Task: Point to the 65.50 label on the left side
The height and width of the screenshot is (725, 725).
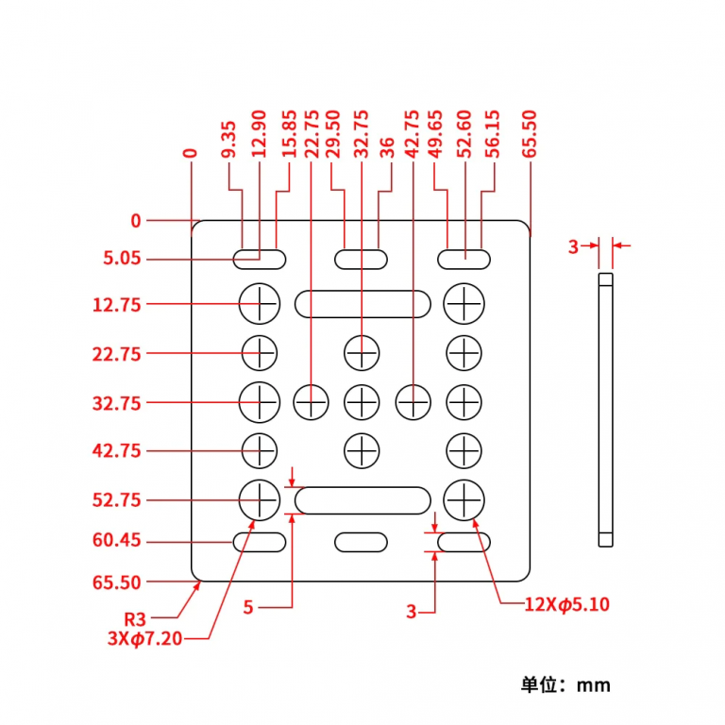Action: pos(117,582)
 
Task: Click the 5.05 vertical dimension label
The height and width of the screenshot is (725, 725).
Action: pos(123,258)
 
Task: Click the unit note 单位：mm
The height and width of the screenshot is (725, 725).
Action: pos(565,684)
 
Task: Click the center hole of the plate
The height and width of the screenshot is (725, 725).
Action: pos(362,402)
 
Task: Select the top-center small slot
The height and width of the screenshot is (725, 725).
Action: pos(362,258)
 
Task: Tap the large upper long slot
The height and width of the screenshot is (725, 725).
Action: pos(362,304)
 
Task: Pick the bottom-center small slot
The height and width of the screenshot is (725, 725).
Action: pos(362,542)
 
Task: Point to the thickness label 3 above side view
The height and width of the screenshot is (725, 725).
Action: pos(573,246)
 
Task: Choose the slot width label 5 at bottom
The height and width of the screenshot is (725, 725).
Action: pos(248,608)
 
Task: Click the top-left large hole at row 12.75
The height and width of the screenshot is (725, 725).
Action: pos(260,303)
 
